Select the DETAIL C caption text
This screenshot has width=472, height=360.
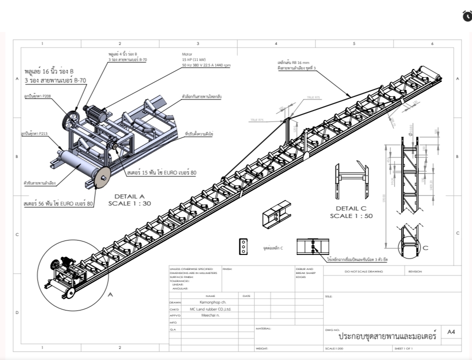click(350, 208)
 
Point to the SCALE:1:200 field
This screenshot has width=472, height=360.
click(334, 348)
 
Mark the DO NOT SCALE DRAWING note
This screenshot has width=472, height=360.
click(364, 271)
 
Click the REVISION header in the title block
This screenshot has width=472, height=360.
click(415, 271)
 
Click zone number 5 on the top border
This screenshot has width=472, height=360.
click(354, 44)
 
